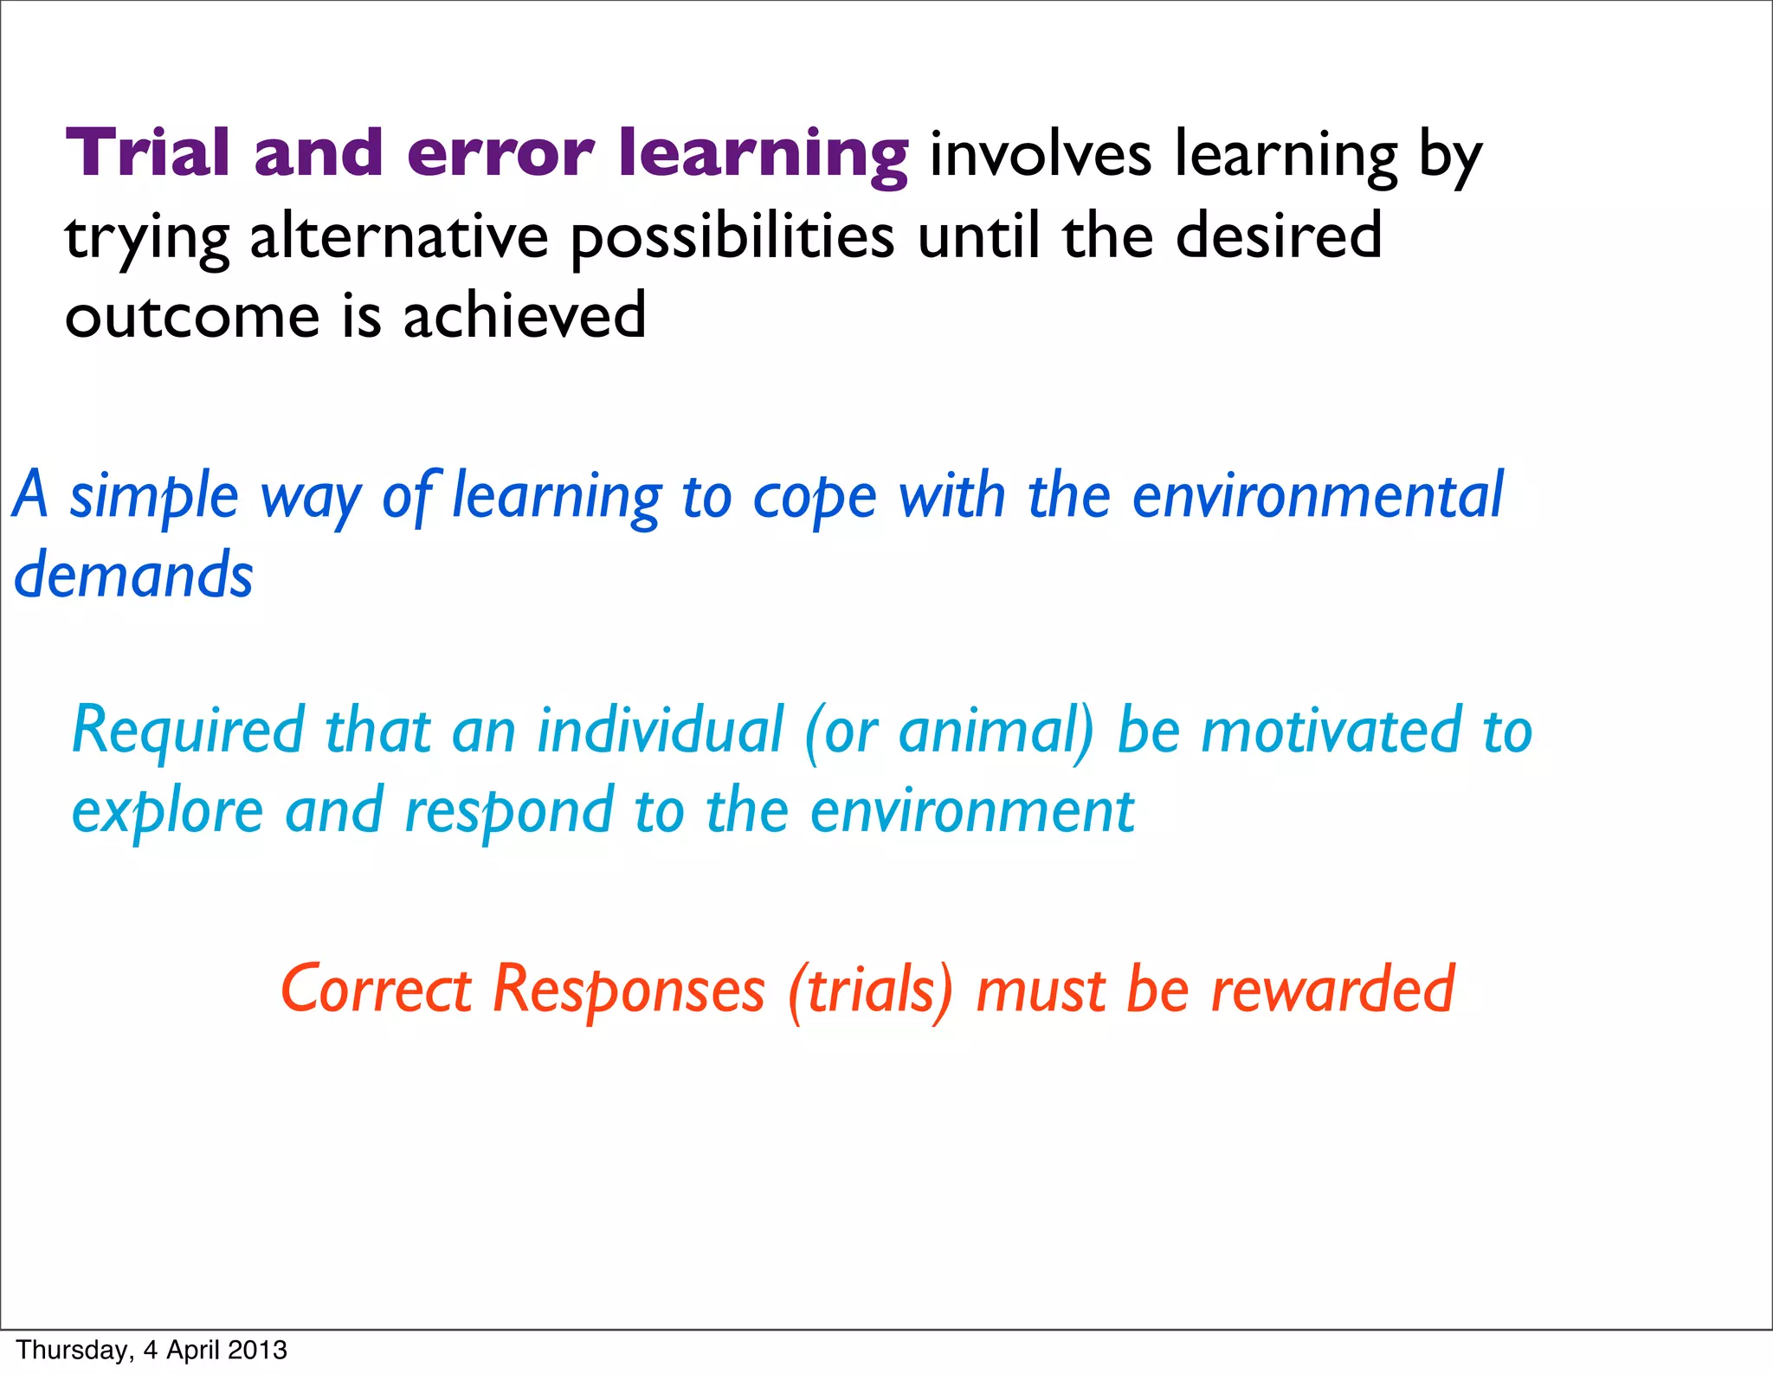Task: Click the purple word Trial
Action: [147, 153]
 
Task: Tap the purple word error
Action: [500, 153]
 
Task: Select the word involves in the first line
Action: [1041, 155]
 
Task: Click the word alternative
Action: [399, 236]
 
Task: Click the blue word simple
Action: [153, 496]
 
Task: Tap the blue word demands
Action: [133, 575]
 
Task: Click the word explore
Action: [167, 811]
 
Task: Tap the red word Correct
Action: [376, 989]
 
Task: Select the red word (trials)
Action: [870, 989]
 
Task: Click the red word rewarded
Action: [1332, 989]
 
